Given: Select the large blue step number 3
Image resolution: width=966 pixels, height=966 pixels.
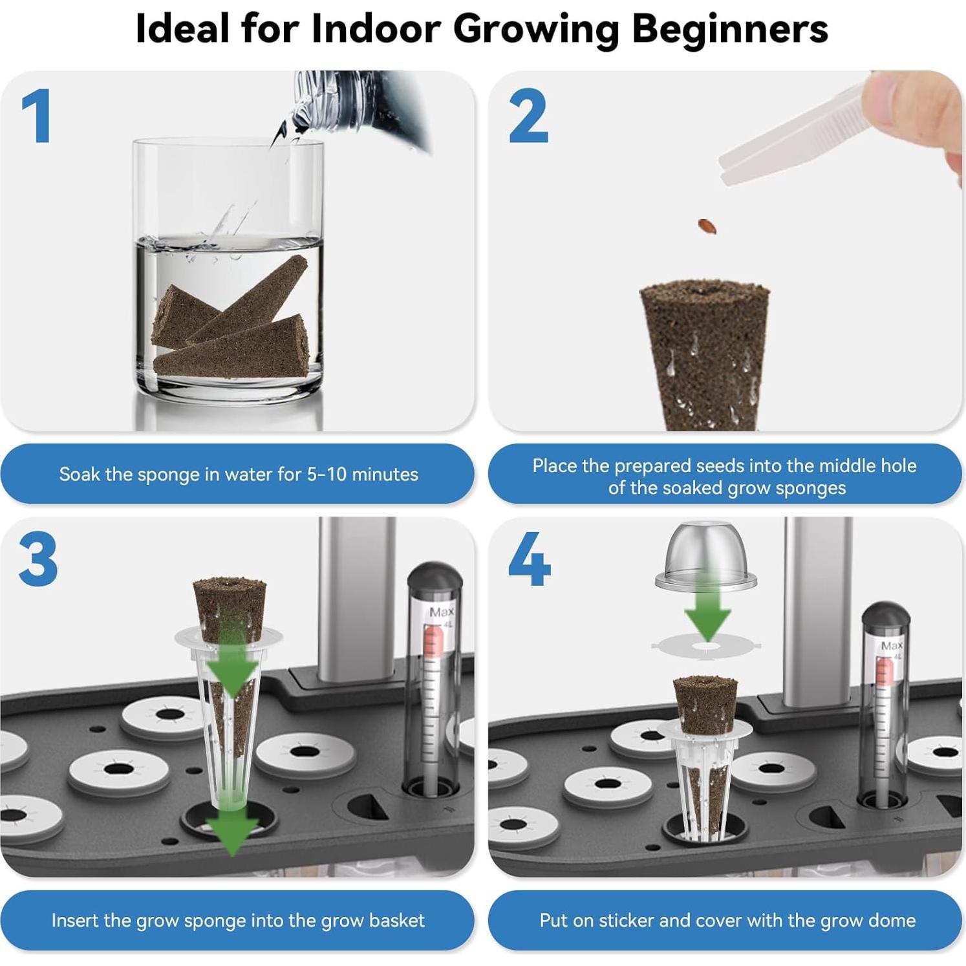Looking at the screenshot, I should tap(38, 559).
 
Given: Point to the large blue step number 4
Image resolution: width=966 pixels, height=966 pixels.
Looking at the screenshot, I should tap(529, 559).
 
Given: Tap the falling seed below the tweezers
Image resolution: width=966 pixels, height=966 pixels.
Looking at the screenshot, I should tap(707, 226).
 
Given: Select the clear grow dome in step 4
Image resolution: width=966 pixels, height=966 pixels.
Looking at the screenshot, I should tap(705, 556).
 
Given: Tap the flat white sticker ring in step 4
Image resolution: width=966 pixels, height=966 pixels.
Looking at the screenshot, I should tap(706, 645).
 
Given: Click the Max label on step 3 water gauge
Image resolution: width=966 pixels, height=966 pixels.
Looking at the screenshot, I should tap(441, 612).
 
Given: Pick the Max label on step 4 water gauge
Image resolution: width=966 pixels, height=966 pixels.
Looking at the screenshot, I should tap(892, 645).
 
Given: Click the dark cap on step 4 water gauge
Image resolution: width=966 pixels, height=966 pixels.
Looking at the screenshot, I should tap(885, 617).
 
